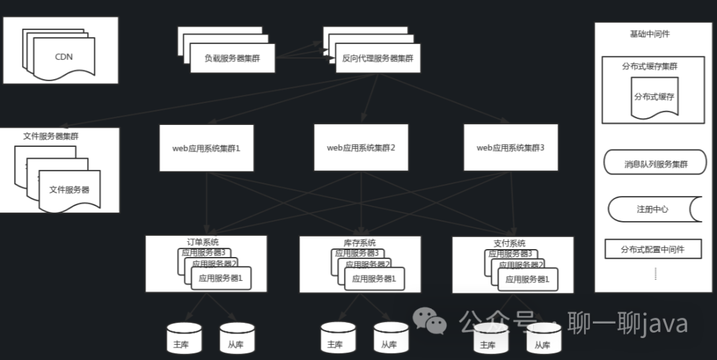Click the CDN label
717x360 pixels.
tap(64, 56)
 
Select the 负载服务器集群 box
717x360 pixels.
tap(232, 58)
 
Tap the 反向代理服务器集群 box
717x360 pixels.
tap(377, 58)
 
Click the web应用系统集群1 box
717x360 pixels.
tap(206, 147)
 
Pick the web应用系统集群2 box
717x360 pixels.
tap(360, 147)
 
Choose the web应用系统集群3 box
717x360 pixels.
tap(511, 147)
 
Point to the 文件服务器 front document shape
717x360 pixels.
tap(69, 189)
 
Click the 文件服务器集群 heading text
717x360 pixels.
tap(51, 136)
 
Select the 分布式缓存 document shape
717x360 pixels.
tap(654, 97)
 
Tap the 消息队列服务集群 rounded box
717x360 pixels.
tap(655, 163)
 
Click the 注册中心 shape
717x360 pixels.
tap(654, 209)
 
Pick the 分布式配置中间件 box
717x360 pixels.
tap(653, 250)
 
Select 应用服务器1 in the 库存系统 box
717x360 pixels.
tap(374, 279)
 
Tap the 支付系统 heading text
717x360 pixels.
tap(510, 244)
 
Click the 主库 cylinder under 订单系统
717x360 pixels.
tap(185, 338)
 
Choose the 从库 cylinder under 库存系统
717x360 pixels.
tap(390, 338)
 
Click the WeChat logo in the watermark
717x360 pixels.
tap(430, 321)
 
